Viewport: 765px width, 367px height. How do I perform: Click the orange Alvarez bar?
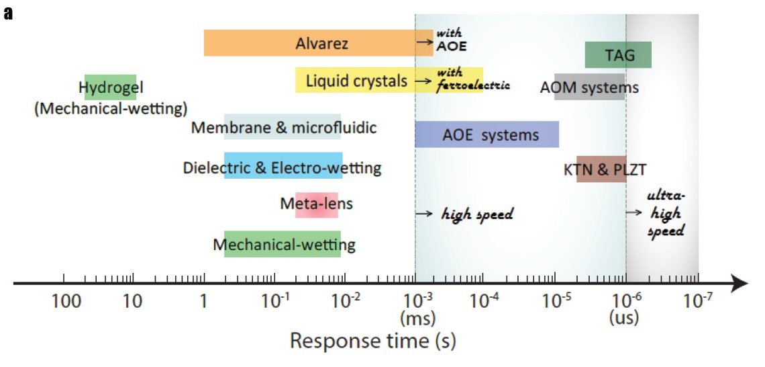tap(315, 43)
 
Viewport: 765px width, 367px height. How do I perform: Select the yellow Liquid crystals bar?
tap(356, 81)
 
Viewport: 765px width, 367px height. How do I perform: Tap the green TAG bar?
tap(618, 55)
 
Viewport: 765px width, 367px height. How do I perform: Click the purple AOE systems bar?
tap(487, 134)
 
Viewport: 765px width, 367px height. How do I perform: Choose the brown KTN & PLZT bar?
tap(601, 169)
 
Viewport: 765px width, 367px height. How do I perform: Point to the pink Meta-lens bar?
tap(316, 204)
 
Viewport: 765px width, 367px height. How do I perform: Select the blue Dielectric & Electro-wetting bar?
tap(283, 167)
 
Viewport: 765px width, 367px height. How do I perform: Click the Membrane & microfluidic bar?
tap(283, 127)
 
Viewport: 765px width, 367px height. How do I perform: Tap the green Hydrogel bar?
tap(110, 87)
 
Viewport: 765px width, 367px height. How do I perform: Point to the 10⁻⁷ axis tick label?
tap(698, 300)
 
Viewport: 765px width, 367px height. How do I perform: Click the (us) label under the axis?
tap(623, 317)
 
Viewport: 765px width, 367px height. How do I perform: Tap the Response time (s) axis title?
tap(373, 341)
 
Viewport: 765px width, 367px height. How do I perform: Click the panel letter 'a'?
tap(8, 13)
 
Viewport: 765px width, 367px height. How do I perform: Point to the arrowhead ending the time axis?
tap(740, 284)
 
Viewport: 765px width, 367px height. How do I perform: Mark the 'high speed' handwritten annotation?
tap(476, 214)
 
